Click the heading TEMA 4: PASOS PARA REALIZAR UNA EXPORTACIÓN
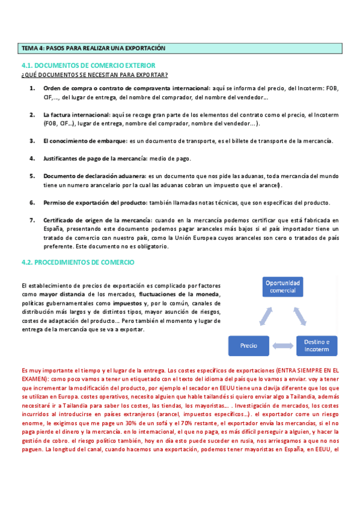coord(93,48)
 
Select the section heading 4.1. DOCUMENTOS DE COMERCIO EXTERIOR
coord(88,65)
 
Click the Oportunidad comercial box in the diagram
coord(282,286)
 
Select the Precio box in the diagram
coord(249,345)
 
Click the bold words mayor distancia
coord(62,294)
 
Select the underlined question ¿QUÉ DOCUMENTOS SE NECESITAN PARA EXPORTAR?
coord(94,75)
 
